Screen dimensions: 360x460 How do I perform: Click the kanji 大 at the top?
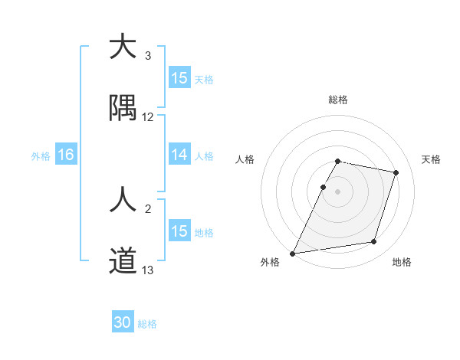click(x=123, y=47)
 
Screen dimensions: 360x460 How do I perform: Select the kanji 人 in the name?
click(x=123, y=201)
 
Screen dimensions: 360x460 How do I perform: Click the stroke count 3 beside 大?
click(x=148, y=56)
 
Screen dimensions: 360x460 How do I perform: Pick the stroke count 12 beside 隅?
click(x=148, y=117)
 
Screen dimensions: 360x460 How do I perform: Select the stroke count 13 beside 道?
click(x=148, y=270)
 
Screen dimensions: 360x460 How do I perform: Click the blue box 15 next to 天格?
click(x=179, y=78)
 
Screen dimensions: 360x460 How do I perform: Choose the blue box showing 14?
click(x=179, y=155)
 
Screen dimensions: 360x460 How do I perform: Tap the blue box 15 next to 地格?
click(x=179, y=231)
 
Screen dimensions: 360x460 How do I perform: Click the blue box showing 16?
click(x=66, y=155)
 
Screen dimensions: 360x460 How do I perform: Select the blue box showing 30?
click(x=123, y=323)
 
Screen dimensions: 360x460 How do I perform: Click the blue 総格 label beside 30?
click(x=147, y=324)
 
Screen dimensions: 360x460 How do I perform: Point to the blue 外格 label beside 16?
click(x=41, y=155)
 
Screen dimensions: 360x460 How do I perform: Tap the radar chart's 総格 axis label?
click(x=337, y=100)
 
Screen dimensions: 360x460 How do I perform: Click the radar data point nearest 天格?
click(x=396, y=172)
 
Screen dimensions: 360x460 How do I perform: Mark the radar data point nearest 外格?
click(x=293, y=253)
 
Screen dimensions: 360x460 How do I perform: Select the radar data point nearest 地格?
click(x=374, y=242)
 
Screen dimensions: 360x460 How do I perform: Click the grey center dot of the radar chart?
click(x=337, y=191)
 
